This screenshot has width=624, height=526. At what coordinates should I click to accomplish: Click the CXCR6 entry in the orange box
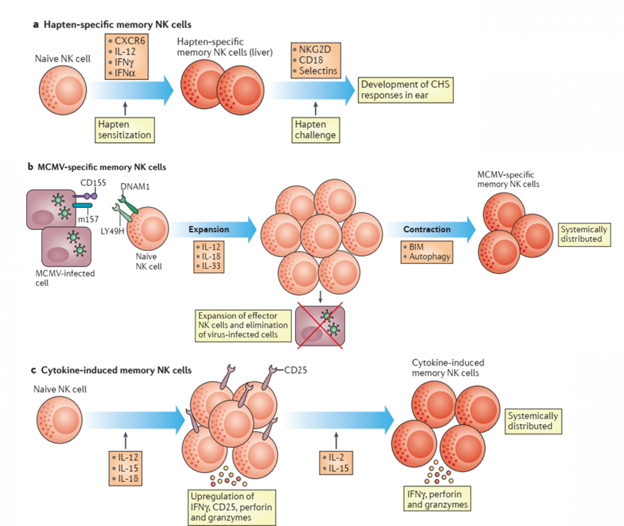pyautogui.click(x=127, y=42)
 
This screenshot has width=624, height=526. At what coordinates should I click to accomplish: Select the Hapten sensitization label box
pyautogui.click(x=124, y=129)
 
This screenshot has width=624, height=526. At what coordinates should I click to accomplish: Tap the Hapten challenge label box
pyautogui.click(x=315, y=129)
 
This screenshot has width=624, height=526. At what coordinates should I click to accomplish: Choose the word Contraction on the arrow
pyautogui.click(x=427, y=230)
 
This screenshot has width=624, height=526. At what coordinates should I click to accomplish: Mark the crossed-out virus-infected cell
pyautogui.click(x=321, y=326)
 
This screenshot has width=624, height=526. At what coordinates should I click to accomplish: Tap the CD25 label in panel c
pyautogui.click(x=296, y=369)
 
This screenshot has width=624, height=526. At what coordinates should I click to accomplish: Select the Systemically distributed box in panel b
pyautogui.click(x=584, y=235)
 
